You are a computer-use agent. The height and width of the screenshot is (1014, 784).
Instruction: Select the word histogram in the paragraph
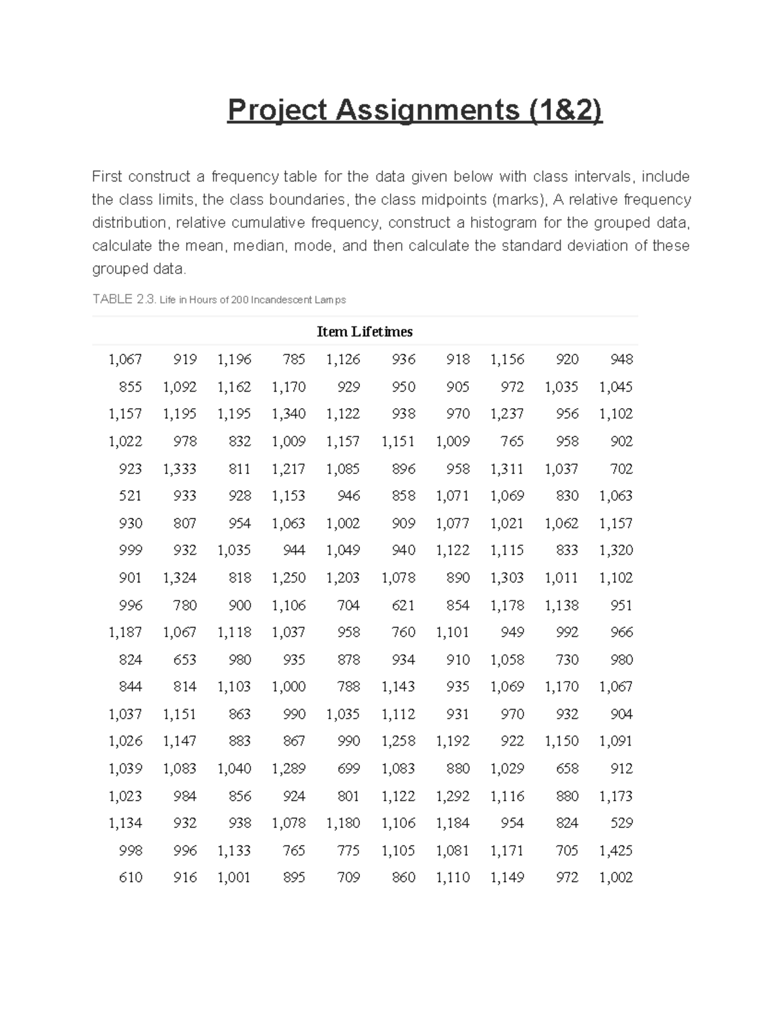pos(503,223)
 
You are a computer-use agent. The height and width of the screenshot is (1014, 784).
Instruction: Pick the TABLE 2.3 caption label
pos(124,300)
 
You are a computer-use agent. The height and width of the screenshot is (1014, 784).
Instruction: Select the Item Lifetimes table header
pos(365,332)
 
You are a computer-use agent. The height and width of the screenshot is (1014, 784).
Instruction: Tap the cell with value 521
pos(130,496)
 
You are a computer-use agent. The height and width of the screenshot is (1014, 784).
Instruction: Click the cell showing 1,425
pos(615,850)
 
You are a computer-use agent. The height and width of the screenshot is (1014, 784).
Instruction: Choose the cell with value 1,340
pos(288,414)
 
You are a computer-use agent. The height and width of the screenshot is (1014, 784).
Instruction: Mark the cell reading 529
pos(621,823)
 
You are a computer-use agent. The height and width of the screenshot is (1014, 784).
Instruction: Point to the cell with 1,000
pos(288,686)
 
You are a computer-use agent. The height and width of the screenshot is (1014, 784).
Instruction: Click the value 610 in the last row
pos(130,878)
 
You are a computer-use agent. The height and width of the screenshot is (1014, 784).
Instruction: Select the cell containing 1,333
pos(179,469)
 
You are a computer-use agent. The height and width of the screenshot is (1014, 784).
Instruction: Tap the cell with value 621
pos(403,605)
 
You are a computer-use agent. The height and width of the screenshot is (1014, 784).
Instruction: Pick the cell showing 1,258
pos(398,741)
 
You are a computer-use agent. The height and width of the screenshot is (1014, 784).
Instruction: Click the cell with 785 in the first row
pos(294,359)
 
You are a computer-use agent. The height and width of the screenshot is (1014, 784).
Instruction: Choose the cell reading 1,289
pos(288,768)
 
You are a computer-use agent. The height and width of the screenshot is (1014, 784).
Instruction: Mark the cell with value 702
pos(621,469)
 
